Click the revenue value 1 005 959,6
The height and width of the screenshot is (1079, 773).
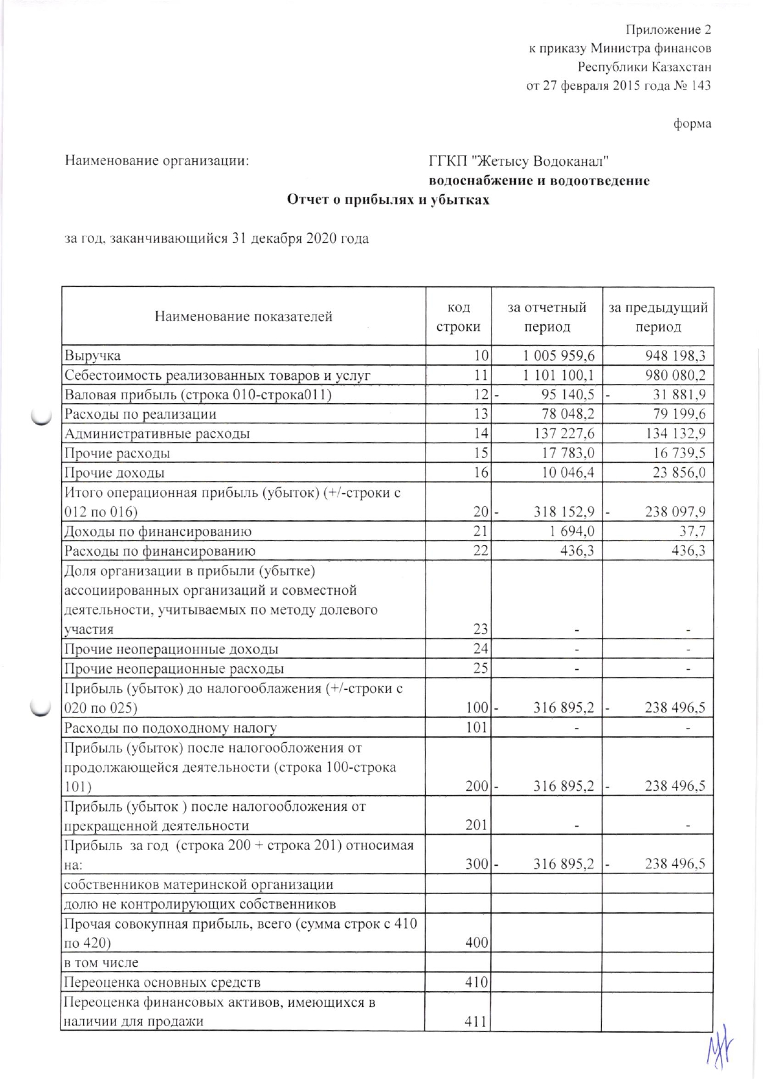pos(558,355)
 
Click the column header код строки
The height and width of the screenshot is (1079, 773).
pos(458,316)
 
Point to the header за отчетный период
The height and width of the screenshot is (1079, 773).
pos(546,316)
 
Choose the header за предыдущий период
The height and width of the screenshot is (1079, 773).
pos(658,316)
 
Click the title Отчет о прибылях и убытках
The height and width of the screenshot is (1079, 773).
pos(388,200)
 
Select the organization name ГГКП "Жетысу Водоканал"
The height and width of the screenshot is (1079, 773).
pos(519,161)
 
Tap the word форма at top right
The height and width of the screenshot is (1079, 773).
pos(692,123)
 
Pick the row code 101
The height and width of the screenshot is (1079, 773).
pos(477,727)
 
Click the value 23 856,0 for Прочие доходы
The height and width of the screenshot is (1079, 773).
pos(679,473)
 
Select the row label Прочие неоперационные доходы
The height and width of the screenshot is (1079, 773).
pos(172,648)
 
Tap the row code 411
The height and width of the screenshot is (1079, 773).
pos(477,1020)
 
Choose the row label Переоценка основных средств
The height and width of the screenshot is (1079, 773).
pos(162,982)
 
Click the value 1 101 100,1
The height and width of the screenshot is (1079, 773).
pos(558,375)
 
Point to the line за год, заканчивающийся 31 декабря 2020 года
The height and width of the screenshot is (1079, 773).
pos(217,238)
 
